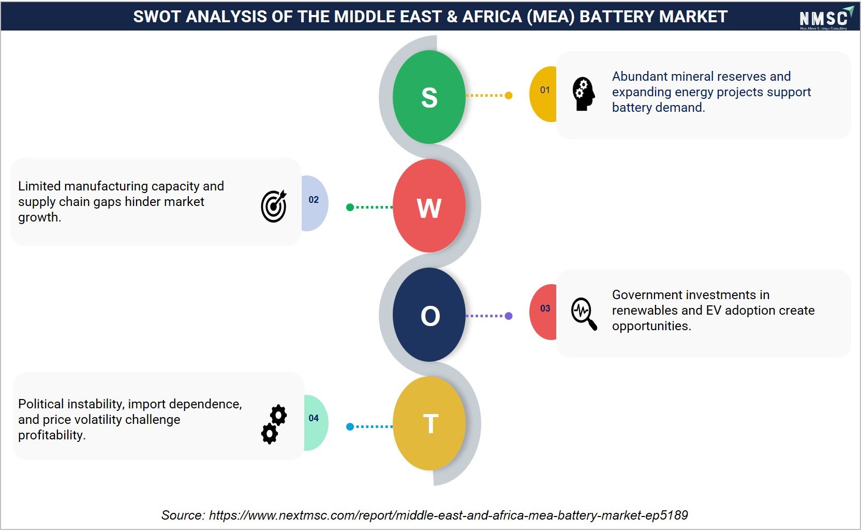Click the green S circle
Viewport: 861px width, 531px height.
pos(429,96)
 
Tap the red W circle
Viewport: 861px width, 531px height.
pos(429,205)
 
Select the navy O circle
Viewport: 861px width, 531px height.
pos(429,315)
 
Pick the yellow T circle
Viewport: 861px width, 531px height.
pos(429,423)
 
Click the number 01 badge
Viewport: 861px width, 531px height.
pos(543,94)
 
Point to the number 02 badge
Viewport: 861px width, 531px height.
pos(315,203)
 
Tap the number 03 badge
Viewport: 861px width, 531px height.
pos(543,312)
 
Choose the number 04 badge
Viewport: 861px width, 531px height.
pos(316,422)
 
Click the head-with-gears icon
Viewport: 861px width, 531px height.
pos(584,94)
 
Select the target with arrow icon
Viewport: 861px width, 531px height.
pos(274,205)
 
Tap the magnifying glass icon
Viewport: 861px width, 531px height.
pos(584,313)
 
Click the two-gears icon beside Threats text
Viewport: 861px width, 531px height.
pos(274,424)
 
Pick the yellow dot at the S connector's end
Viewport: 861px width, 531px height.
pos(509,95)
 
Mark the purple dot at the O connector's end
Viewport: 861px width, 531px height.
pos(509,316)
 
